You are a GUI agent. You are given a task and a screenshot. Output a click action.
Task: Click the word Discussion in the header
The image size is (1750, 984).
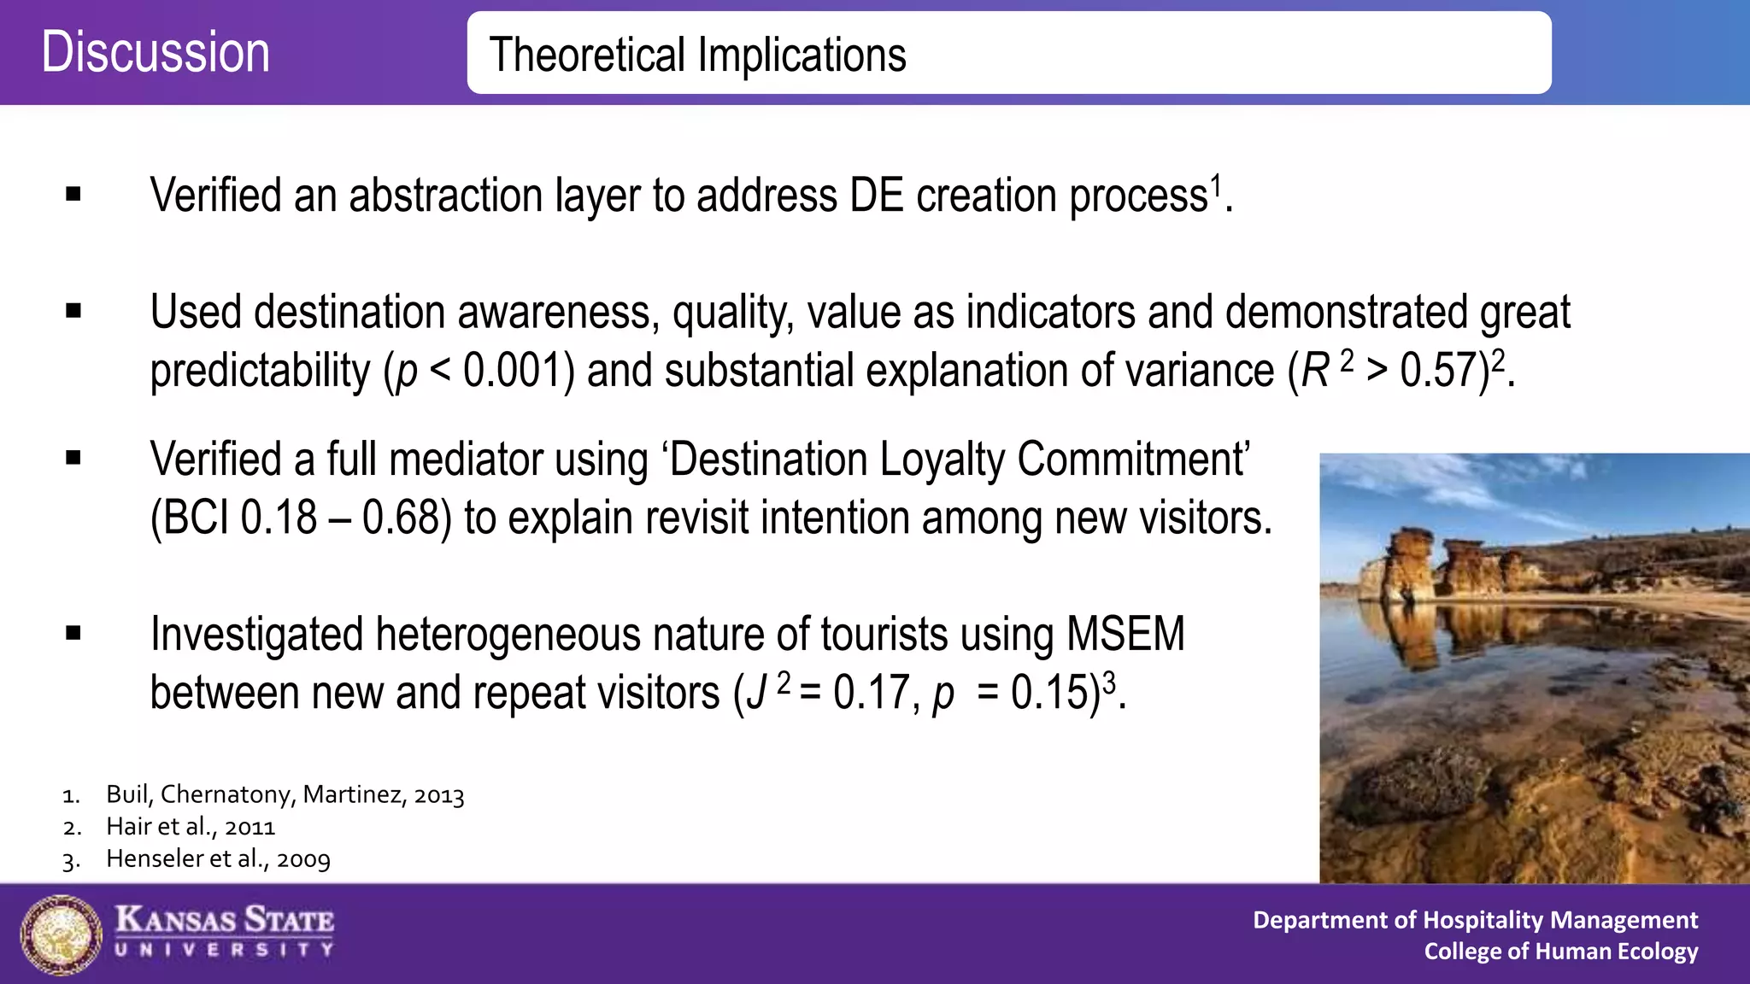[x=156, y=52]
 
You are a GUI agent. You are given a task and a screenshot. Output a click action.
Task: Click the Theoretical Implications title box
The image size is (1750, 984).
[x=1008, y=53]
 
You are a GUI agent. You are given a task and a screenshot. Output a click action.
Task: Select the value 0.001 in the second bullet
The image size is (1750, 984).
[x=513, y=372]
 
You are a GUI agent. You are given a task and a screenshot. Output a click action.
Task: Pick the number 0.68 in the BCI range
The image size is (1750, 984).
[x=401, y=518]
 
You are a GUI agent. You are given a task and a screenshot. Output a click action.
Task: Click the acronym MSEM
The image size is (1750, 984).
[x=1125, y=635]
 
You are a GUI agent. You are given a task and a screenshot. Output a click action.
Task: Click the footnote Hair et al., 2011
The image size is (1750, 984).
[x=190, y=827]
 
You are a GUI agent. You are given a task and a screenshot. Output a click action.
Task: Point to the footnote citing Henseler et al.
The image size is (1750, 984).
[x=217, y=859]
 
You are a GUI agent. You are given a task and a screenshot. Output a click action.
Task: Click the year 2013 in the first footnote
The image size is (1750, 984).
[x=438, y=795]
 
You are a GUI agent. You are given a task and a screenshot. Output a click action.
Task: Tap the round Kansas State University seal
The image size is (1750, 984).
[x=61, y=934]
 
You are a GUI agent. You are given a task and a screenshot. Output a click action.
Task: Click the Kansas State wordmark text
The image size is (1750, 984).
[x=225, y=921]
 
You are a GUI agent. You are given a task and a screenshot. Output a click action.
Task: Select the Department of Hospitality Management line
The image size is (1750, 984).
[x=1474, y=920]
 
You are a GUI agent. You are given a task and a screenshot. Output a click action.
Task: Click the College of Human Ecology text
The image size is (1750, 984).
[x=1560, y=952]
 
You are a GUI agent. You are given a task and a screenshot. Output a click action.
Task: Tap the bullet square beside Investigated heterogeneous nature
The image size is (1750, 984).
[x=73, y=634]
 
